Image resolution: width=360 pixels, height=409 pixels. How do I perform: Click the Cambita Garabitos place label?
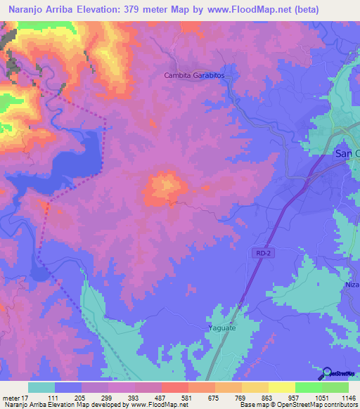(193, 75)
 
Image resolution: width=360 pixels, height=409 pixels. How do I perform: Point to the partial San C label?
(346, 154)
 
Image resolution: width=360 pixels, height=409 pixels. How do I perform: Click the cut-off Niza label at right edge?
(352, 285)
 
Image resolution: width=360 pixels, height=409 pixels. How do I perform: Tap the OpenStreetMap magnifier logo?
(327, 372)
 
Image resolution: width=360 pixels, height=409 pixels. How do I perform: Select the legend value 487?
(161, 398)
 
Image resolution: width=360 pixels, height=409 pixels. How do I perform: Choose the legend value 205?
(81, 398)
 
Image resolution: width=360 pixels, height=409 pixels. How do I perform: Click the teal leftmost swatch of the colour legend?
(41, 387)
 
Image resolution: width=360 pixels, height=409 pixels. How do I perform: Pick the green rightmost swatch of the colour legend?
(335, 387)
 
